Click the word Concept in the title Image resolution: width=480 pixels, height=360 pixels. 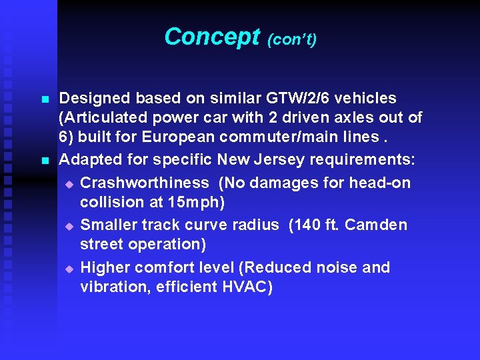[211, 37]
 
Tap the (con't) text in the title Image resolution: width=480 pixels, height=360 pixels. [291, 40]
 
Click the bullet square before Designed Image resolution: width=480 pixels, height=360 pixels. [45, 99]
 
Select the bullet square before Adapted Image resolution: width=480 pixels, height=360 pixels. [45, 161]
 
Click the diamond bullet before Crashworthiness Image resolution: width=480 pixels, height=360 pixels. [69, 183]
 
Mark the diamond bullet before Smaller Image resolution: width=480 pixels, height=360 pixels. [69, 226]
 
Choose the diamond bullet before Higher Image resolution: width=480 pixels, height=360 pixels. [69, 269]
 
